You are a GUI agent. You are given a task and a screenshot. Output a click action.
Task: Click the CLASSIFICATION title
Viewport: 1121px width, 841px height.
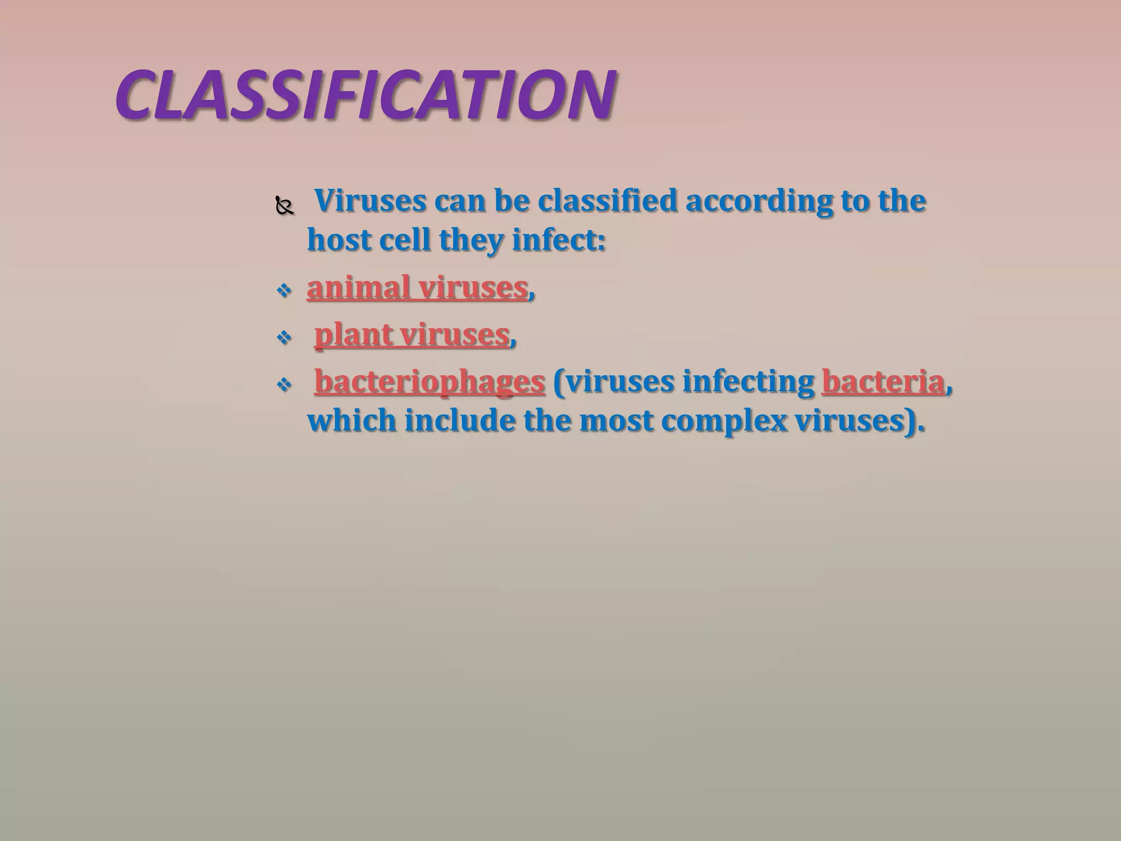(x=366, y=95)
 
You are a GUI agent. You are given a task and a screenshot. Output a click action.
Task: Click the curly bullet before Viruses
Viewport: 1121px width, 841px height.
(x=285, y=207)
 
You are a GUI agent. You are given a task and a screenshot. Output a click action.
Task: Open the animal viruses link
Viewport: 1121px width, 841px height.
(x=417, y=287)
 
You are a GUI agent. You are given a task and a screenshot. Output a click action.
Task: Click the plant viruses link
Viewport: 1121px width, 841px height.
(x=412, y=335)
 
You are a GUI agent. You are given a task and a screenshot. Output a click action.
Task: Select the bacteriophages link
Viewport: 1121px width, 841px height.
(x=430, y=382)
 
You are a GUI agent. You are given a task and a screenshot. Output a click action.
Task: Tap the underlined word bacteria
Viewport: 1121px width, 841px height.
(x=883, y=382)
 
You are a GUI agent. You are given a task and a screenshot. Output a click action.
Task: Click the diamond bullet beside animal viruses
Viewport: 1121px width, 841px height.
(x=284, y=290)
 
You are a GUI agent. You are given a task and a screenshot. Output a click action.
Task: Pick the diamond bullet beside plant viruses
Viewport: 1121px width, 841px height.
(x=284, y=337)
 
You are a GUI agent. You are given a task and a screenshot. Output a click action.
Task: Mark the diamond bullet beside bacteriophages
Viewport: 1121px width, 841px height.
(x=284, y=384)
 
